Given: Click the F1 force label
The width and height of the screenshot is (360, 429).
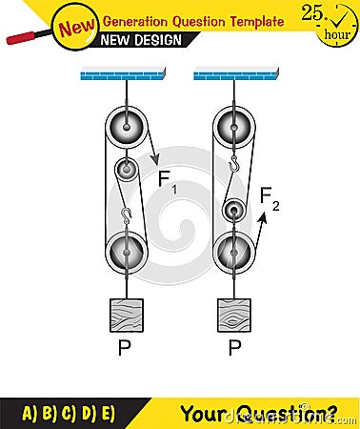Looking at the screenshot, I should (167, 180).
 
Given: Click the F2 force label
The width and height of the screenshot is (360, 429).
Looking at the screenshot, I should (271, 198).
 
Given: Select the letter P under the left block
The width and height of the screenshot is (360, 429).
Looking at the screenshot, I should (124, 350).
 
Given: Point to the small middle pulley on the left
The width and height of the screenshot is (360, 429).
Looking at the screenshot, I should (127, 172).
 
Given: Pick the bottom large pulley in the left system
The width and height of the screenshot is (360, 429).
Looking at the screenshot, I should (125, 252).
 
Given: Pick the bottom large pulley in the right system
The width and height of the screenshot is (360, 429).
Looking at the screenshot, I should (231, 252).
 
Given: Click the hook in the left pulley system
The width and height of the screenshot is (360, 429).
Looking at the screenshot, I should (125, 212).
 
